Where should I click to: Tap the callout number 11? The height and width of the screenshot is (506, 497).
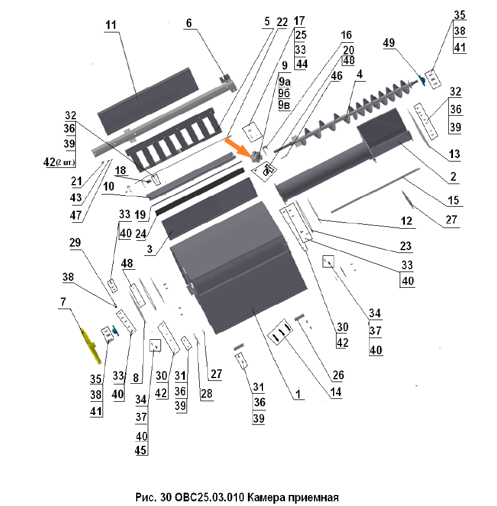[x=111, y=25]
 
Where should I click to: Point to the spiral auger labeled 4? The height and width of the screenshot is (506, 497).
[x=342, y=119]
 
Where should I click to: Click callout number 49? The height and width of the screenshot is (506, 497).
[x=389, y=43]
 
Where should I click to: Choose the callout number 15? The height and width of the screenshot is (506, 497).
[x=453, y=201]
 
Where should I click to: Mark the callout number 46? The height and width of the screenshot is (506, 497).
[x=337, y=75]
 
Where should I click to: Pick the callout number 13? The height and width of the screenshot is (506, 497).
[x=454, y=154]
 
